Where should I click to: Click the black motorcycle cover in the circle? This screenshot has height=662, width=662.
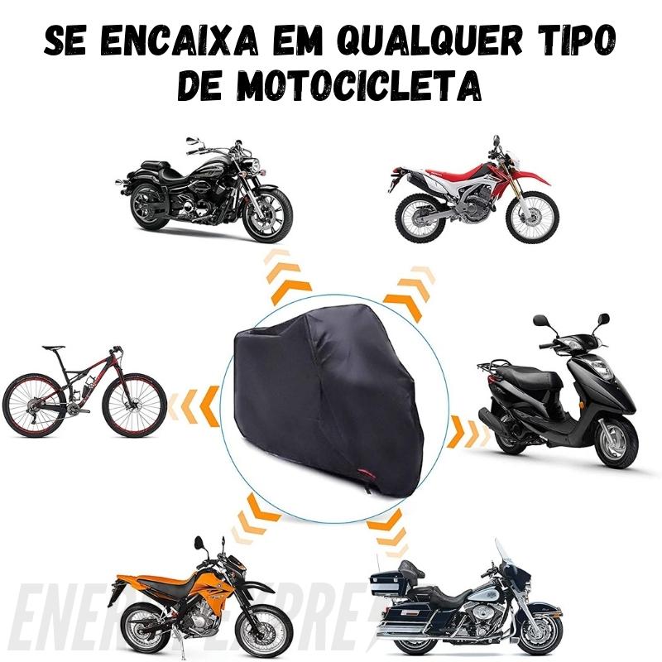(331, 405)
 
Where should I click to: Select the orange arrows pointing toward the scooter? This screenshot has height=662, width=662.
(467, 430)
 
